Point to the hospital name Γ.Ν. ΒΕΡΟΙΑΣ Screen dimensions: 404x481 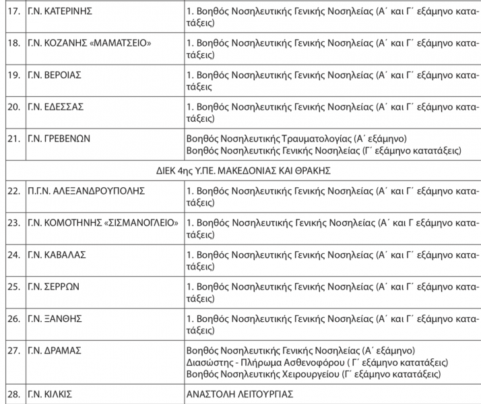(x=55, y=75)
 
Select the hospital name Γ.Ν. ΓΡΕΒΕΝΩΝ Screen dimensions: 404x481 (x=59, y=138)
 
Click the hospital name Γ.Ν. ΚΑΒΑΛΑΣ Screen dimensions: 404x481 (x=57, y=254)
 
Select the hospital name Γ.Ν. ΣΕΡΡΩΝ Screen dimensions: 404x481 (x=53, y=285)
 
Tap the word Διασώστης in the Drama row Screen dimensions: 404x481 (x=208, y=362)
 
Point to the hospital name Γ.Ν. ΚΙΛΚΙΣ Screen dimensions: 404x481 (x=51, y=394)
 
